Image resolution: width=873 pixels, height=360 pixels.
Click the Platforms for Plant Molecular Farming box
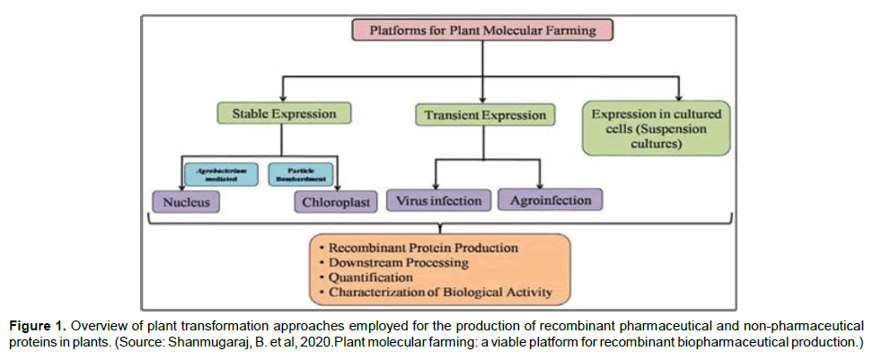pos(483,30)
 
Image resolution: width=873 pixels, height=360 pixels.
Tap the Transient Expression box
pos(481,115)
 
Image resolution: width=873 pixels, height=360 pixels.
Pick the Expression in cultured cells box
pos(657,127)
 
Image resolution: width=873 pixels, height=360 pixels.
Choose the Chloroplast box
pos(333,202)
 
